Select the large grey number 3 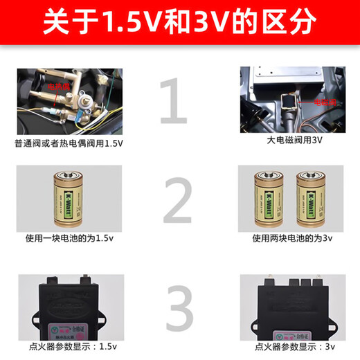click(178, 303)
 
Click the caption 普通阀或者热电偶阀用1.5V click(68, 143)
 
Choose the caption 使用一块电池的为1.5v click(68, 238)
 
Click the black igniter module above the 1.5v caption click(68, 305)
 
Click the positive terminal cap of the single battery click(69, 170)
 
